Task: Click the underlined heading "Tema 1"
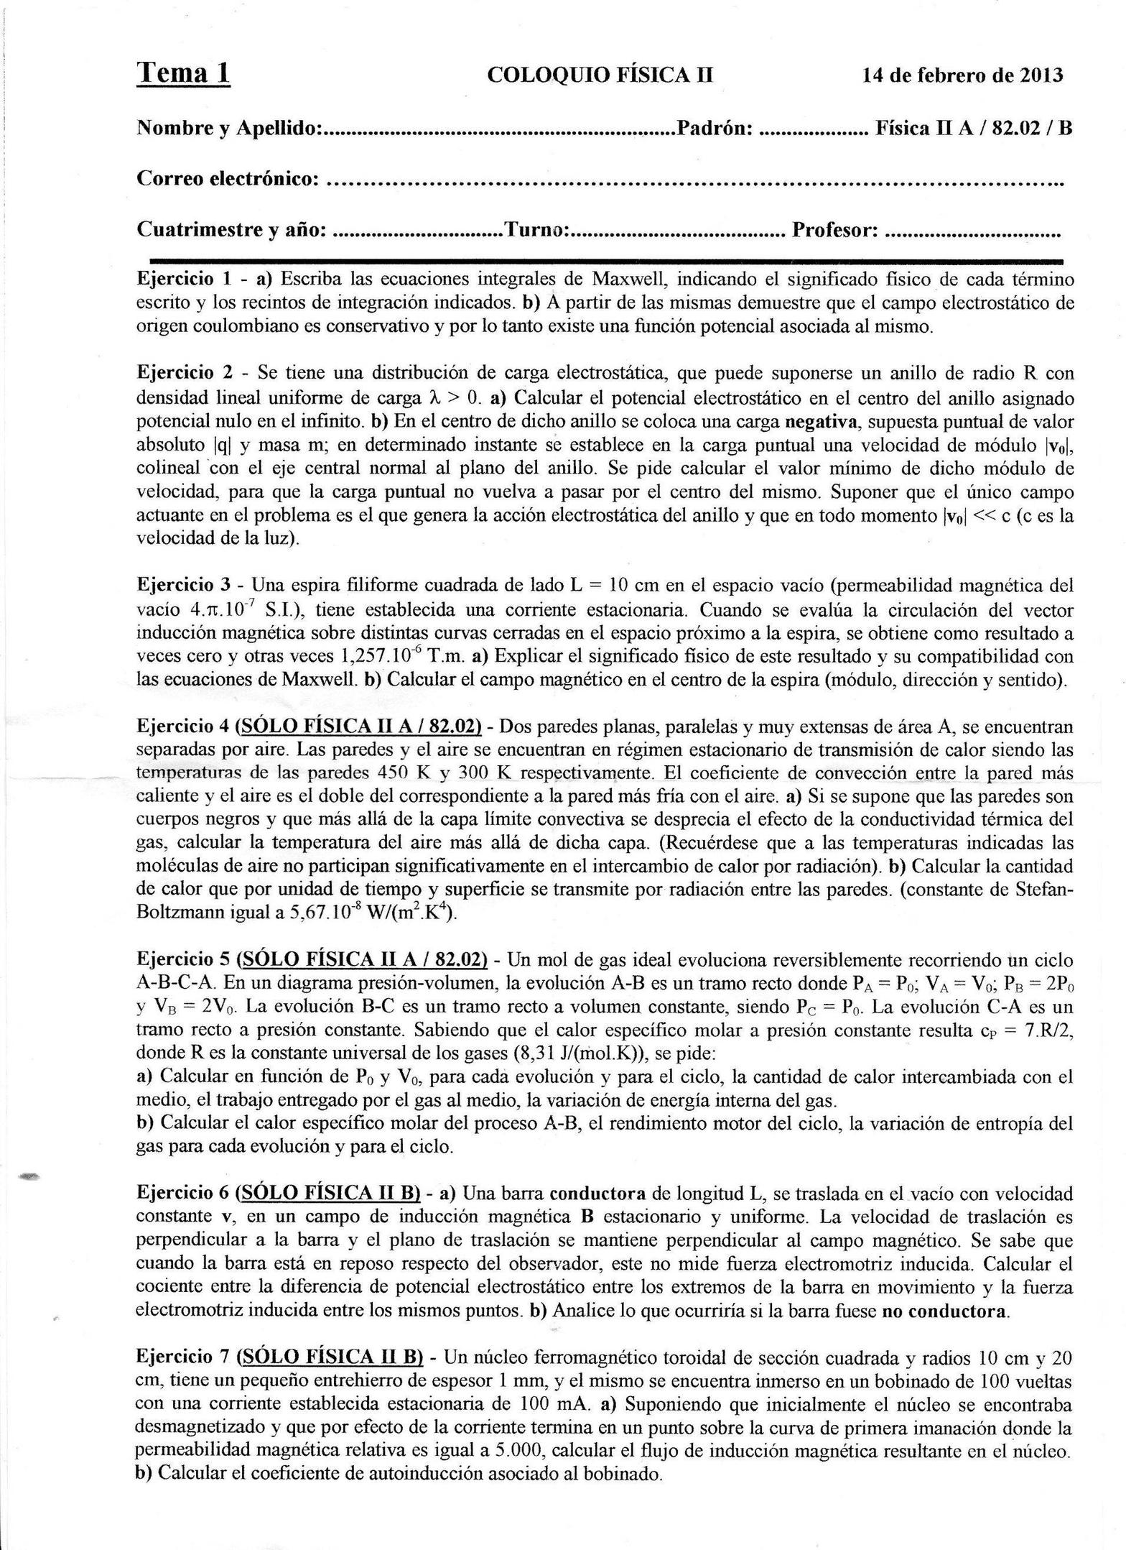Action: tap(183, 73)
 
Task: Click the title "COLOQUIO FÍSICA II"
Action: tap(600, 75)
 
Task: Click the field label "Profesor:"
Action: tap(835, 230)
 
